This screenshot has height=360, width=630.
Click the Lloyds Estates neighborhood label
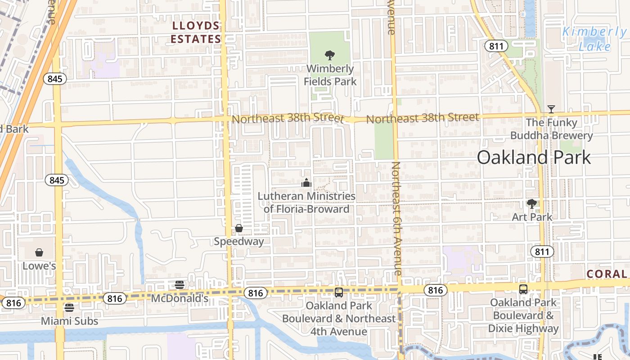[196, 32]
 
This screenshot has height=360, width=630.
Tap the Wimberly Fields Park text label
[330, 75]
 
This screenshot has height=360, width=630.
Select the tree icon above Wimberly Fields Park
[330, 55]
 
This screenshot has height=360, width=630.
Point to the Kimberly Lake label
[594, 39]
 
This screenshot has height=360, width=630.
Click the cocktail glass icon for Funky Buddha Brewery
[551, 109]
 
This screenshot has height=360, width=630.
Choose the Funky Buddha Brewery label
[551, 129]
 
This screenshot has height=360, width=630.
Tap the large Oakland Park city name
[534, 157]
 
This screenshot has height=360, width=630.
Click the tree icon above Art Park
[532, 204]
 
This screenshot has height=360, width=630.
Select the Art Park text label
[532, 217]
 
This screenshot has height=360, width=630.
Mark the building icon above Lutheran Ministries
[306, 183]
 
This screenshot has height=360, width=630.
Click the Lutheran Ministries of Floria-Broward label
[306, 202]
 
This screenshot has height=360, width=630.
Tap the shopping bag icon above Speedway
[239, 229]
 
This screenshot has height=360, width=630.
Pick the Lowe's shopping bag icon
[39, 252]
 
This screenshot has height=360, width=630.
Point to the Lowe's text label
[39, 266]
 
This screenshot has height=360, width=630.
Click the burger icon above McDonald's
[180, 284]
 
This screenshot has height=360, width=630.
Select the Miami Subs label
[69, 321]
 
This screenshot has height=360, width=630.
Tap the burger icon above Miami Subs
[69, 308]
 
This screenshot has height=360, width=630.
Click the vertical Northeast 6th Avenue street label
[396, 218]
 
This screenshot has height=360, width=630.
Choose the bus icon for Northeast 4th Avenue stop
[339, 292]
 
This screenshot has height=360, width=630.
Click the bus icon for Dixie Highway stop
[523, 289]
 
